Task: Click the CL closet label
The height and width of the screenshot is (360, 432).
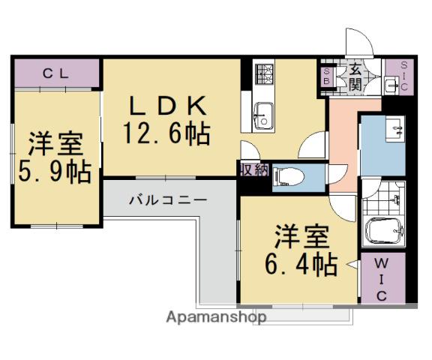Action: tap(55, 73)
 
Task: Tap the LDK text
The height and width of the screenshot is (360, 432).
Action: tap(168, 105)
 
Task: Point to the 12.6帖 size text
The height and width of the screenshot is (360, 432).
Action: tap(166, 133)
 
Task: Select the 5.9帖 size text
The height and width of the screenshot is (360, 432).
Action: tap(55, 172)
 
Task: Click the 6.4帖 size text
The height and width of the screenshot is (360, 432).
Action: tap(301, 264)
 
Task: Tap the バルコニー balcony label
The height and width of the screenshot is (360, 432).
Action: tap(168, 200)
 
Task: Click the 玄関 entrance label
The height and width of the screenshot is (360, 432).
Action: tap(355, 79)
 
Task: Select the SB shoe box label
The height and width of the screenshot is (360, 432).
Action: tap(327, 76)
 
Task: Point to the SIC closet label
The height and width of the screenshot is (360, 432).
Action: tap(404, 76)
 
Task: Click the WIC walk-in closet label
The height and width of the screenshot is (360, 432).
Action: tap(382, 280)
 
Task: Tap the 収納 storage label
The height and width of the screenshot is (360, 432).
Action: tap(254, 170)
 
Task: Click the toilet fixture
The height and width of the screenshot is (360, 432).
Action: tap(288, 176)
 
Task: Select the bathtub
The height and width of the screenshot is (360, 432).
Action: tap(384, 230)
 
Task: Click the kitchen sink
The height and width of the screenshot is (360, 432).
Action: tap(264, 116)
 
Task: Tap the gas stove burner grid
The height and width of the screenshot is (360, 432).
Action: tap(264, 73)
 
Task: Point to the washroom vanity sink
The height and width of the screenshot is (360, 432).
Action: tap(395, 129)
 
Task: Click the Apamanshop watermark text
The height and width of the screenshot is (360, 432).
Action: tap(216, 317)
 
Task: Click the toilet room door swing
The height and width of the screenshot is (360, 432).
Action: tap(337, 174)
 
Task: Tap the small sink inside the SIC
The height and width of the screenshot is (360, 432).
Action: tap(392, 84)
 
